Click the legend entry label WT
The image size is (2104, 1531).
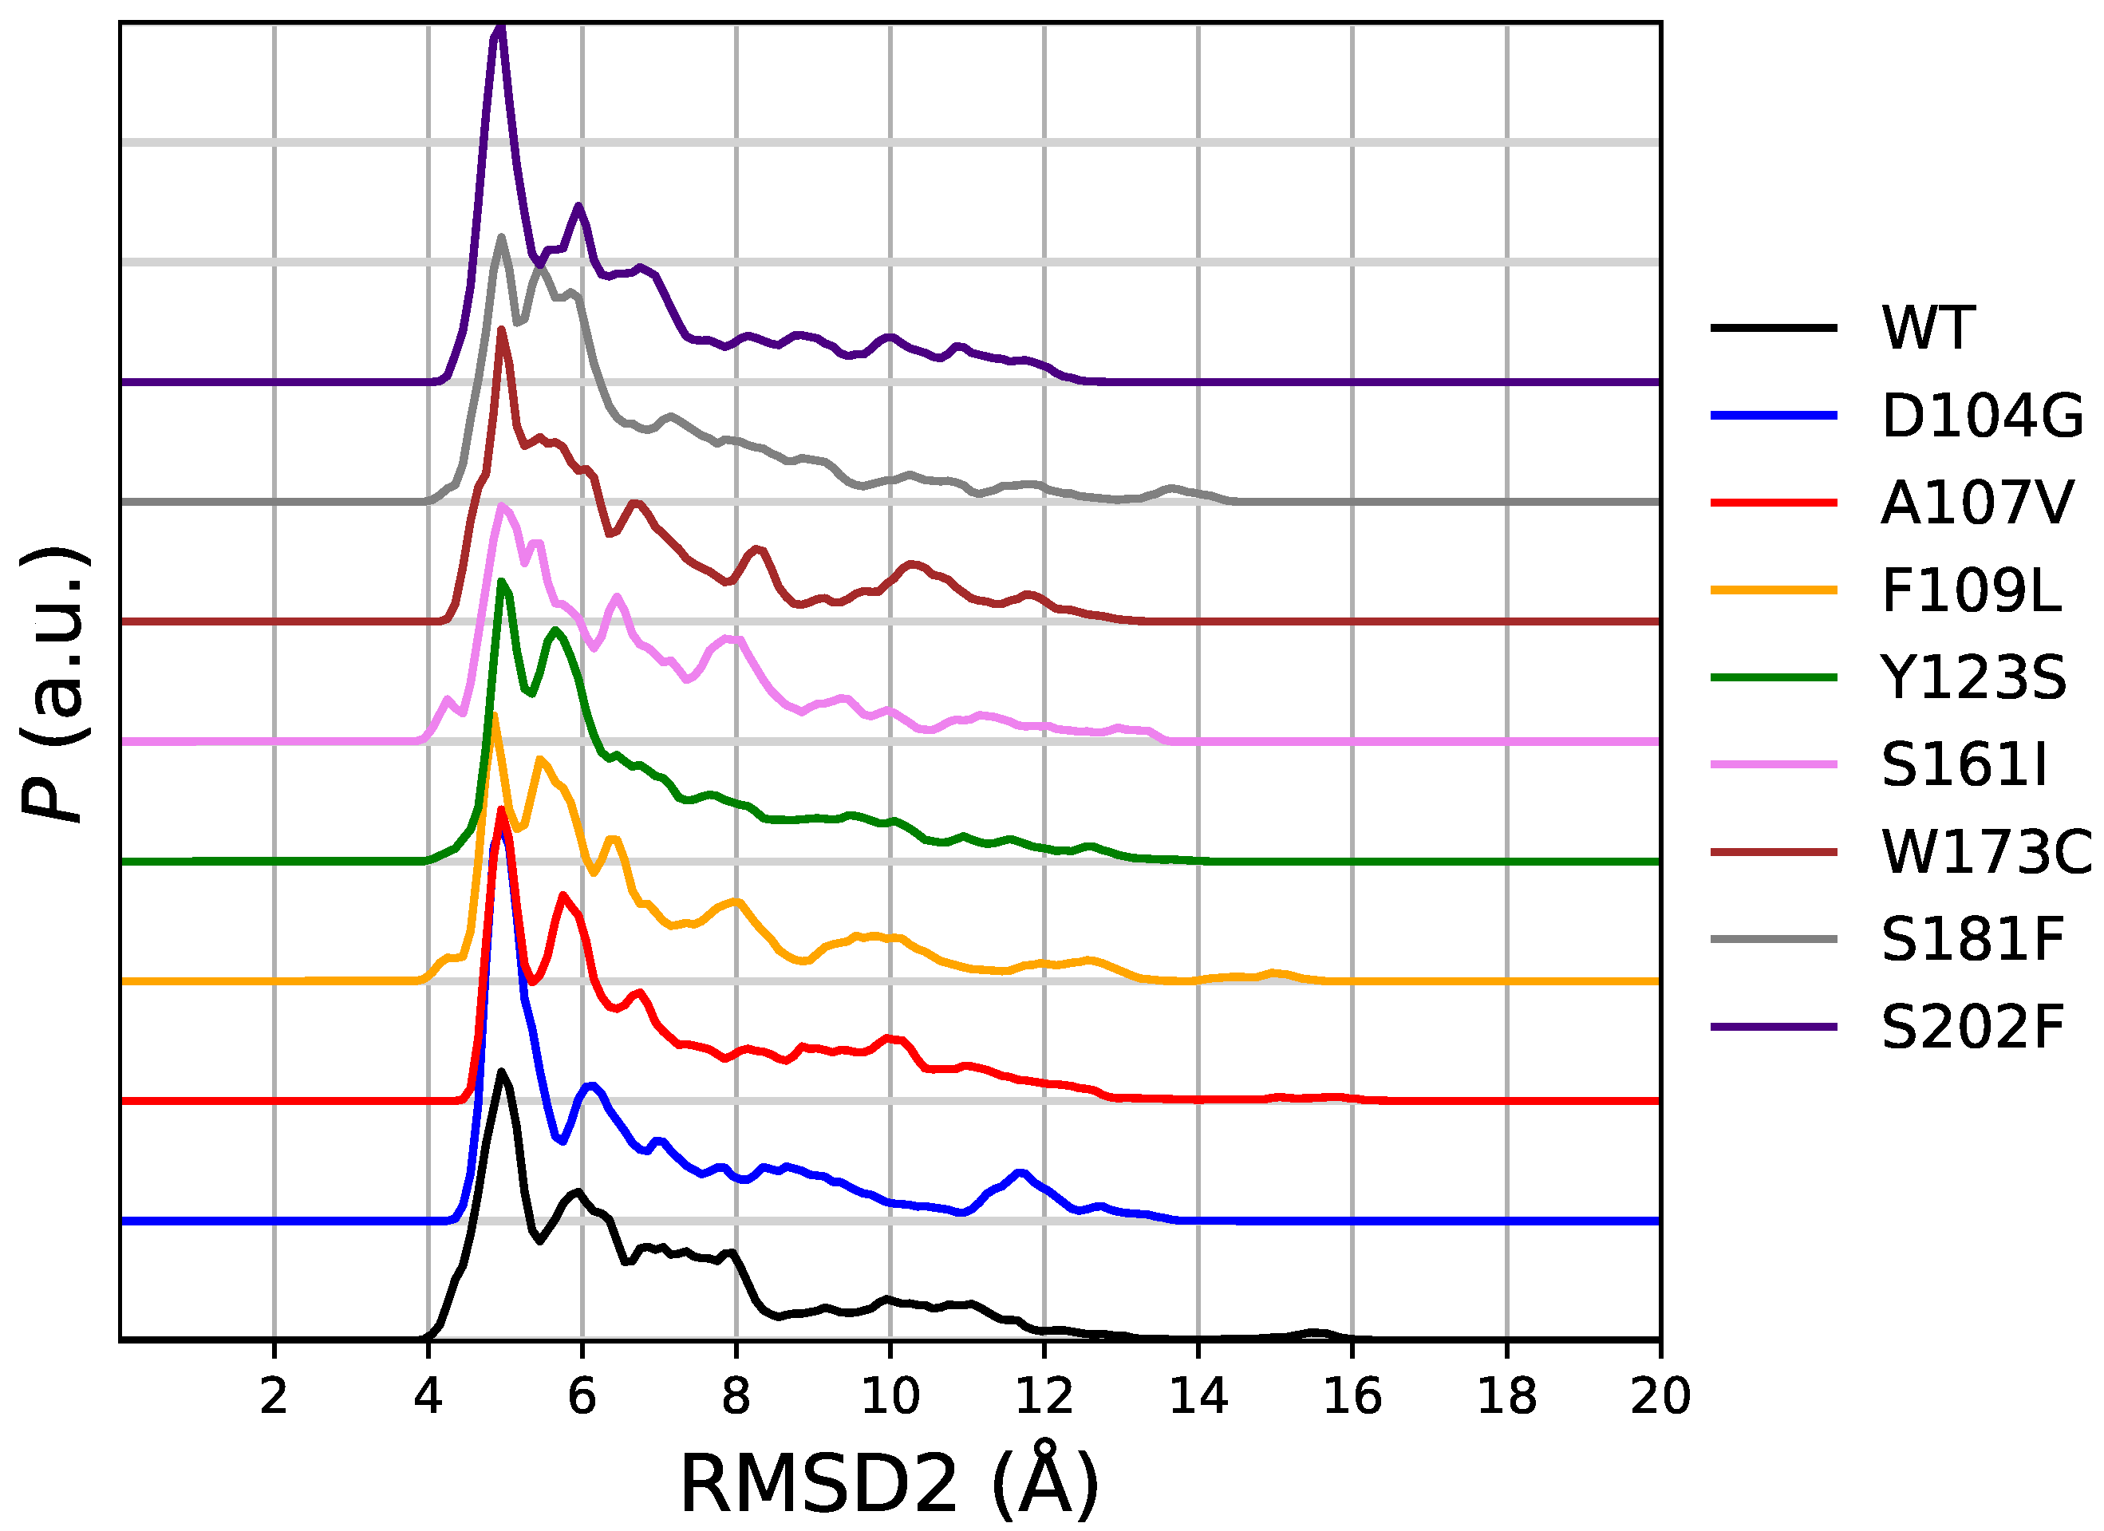tap(1928, 328)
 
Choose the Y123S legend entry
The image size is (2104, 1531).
tap(1973, 677)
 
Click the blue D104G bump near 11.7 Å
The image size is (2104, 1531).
tap(1021, 1173)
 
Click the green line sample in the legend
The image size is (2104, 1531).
tap(1774, 677)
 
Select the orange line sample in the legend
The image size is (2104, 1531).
tap(1774, 590)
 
